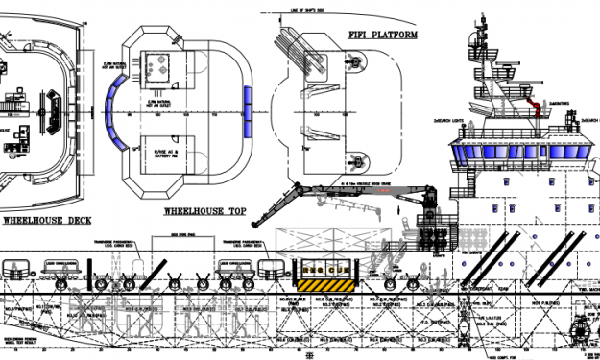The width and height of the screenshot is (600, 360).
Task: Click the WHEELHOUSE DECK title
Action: pyautogui.click(x=48, y=219)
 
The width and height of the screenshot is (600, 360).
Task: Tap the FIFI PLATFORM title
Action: pyautogui.click(x=381, y=36)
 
